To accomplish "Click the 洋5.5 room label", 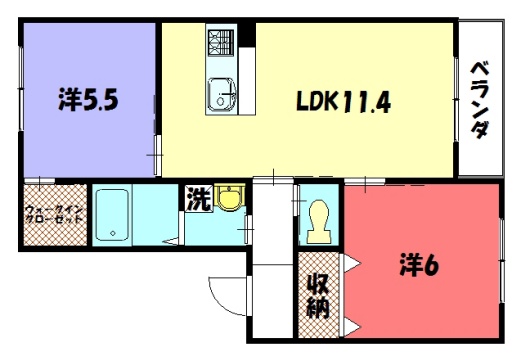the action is click(x=88, y=99).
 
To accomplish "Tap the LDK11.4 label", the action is click(x=343, y=102).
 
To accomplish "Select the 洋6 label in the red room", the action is click(x=419, y=266).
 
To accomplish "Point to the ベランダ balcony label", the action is click(x=480, y=100).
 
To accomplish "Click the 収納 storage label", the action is click(x=318, y=296).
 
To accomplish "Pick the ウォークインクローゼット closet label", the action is click(x=54, y=215).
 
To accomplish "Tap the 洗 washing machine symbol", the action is click(x=199, y=199).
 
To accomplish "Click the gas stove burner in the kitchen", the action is click(x=221, y=43).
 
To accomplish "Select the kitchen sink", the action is click(x=221, y=94).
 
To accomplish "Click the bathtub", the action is click(x=112, y=215).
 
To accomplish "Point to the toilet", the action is click(x=319, y=221).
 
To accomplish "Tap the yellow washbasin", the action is click(x=230, y=197).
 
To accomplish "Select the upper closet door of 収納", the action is click(x=351, y=263).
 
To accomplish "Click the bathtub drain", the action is click(x=113, y=233).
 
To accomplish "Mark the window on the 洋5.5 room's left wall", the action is click(x=21, y=88).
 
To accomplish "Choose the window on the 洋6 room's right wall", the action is click(x=502, y=260).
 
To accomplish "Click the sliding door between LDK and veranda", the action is click(x=456, y=99).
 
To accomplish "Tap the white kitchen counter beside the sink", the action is click(x=247, y=81).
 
